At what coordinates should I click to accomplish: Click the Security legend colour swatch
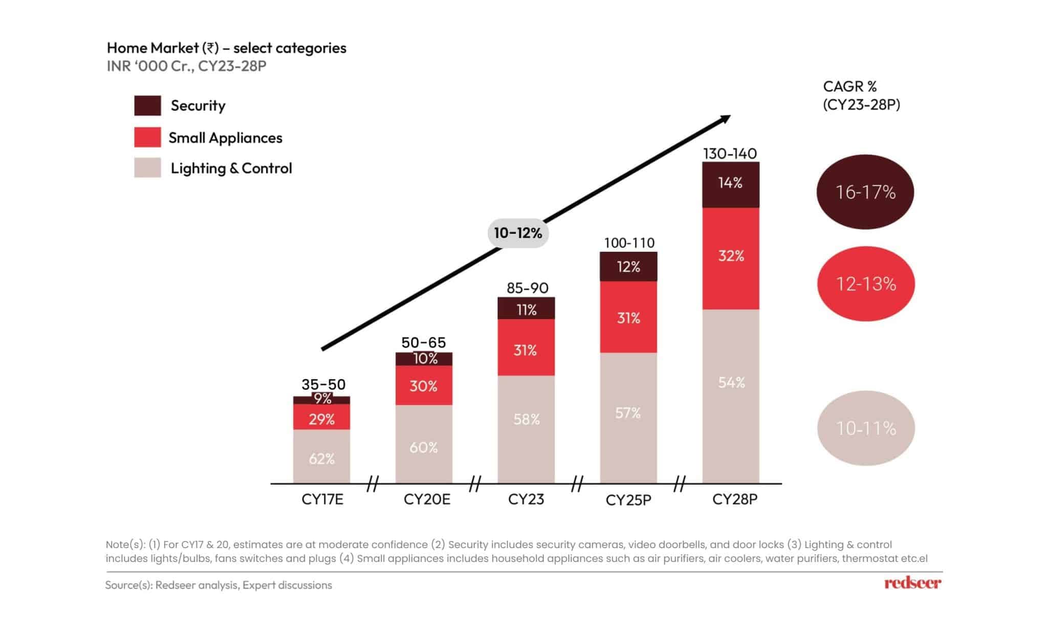(147, 105)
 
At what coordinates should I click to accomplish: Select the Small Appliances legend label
(225, 138)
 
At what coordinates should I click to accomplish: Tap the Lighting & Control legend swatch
(147, 168)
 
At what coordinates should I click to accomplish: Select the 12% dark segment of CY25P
(628, 266)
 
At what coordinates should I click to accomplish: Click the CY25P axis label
(628, 500)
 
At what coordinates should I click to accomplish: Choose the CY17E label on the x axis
(322, 499)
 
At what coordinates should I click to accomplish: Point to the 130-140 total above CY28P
(730, 154)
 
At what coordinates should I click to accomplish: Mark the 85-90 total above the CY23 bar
(527, 288)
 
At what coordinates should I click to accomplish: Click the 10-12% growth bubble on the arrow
(518, 233)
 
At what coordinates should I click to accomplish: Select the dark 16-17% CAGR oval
(865, 192)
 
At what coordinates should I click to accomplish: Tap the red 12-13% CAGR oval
(866, 284)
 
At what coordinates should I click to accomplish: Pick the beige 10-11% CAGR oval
(866, 428)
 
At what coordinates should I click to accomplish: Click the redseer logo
(912, 583)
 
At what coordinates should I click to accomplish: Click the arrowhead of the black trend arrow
(726, 119)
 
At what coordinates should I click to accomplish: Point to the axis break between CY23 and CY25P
(577, 483)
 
